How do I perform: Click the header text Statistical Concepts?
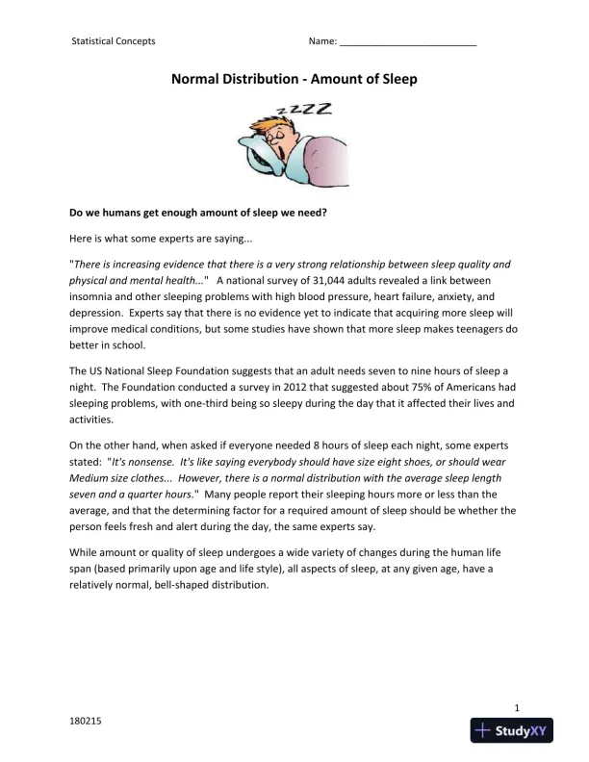114,41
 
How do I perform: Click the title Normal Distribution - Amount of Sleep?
294,80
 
